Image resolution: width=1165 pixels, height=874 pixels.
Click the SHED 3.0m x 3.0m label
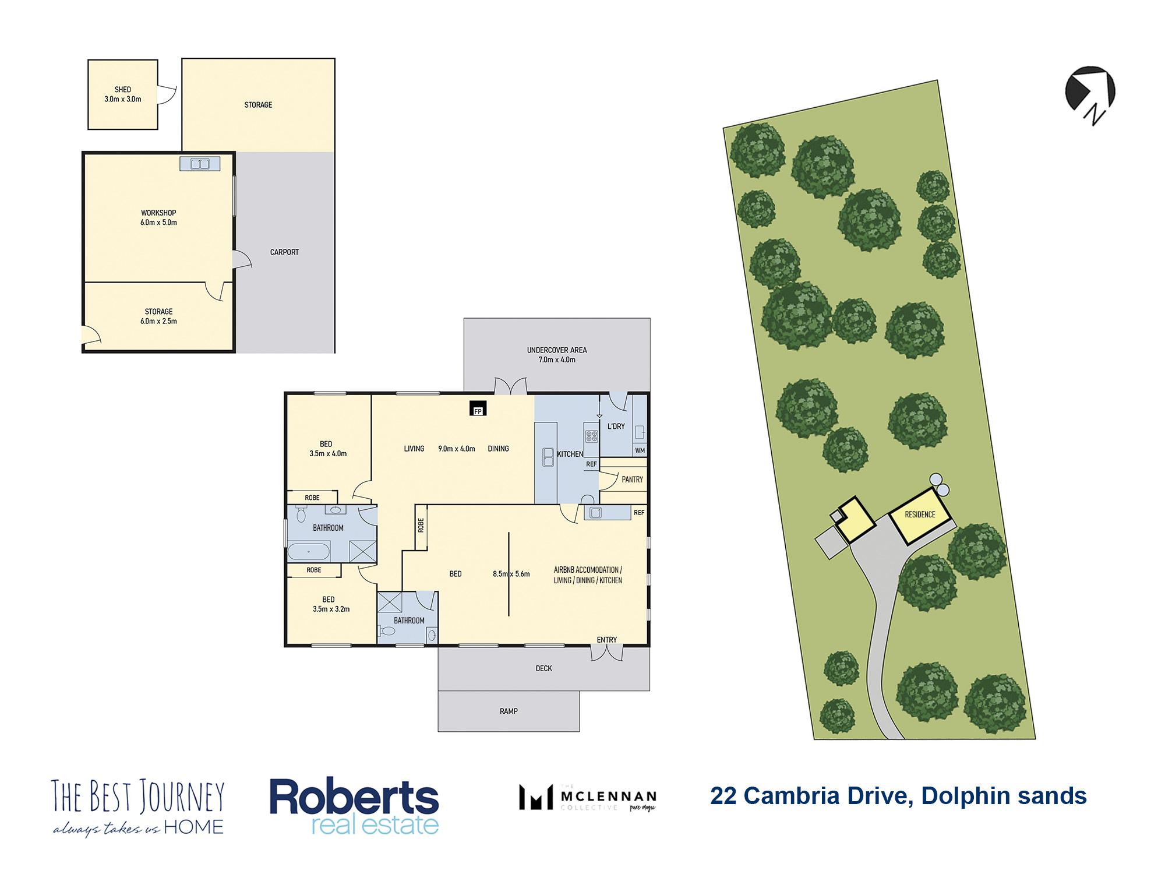tap(122, 94)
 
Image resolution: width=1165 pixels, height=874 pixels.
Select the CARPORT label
tap(284, 252)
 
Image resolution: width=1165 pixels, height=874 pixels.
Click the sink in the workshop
tap(200, 164)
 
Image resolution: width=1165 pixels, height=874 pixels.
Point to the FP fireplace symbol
tap(478, 409)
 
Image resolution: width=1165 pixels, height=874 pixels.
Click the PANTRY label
tap(632, 480)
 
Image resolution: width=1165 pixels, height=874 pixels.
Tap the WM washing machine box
tap(640, 450)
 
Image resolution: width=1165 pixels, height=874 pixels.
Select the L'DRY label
tap(616, 427)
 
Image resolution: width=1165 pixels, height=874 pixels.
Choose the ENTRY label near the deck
tap(606, 640)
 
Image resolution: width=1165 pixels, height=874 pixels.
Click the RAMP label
tap(509, 711)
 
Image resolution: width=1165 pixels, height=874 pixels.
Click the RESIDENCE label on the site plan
tap(920, 514)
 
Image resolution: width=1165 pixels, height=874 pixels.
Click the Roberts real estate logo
tap(354, 808)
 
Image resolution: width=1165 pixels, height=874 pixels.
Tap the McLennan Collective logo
tap(588, 798)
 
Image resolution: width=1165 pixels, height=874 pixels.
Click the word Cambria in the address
tap(798, 796)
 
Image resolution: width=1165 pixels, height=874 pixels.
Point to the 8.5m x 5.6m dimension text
tap(511, 574)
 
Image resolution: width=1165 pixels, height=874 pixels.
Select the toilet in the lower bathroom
tap(387, 631)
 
